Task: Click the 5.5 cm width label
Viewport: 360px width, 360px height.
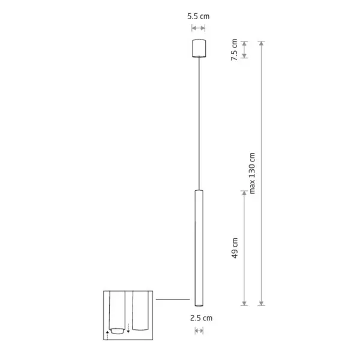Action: pos(199,16)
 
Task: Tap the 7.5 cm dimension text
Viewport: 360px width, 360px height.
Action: pos(234,50)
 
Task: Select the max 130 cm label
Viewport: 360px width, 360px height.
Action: pos(252,173)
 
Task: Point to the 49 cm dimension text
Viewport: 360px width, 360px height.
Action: pos(235,248)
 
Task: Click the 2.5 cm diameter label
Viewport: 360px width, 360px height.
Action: pos(201,318)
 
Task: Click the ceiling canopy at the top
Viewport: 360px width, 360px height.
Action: pos(199,48)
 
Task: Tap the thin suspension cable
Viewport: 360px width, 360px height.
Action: pos(199,124)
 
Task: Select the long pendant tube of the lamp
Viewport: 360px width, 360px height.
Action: pos(199,248)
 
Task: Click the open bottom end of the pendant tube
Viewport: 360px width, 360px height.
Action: pos(199,305)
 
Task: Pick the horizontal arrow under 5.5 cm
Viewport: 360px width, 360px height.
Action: pos(199,28)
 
